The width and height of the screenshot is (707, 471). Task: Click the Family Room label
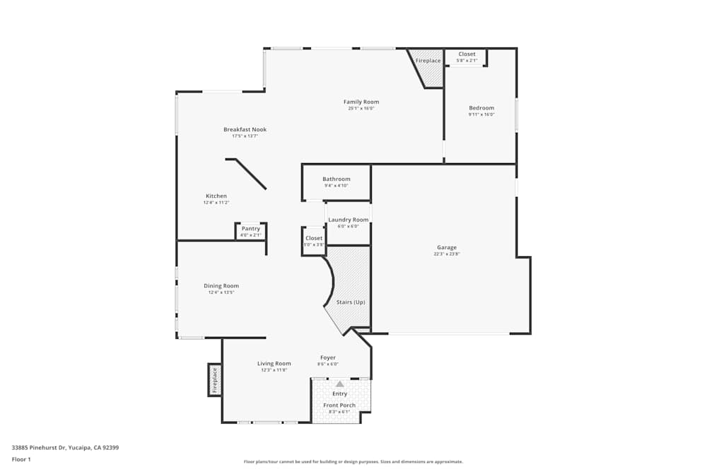click(x=361, y=102)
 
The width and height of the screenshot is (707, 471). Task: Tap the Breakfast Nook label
click(x=245, y=130)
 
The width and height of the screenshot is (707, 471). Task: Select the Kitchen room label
click(x=216, y=196)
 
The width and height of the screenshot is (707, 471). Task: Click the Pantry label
click(x=250, y=229)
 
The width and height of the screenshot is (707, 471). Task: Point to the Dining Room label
click(x=221, y=286)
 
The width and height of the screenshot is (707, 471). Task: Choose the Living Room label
click(x=274, y=364)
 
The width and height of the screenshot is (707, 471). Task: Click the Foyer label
click(x=327, y=358)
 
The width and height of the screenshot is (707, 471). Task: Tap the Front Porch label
click(x=339, y=405)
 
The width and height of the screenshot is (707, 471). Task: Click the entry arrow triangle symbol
click(x=339, y=383)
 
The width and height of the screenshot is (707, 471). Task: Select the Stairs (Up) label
click(x=351, y=302)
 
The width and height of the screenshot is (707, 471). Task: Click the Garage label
click(x=446, y=248)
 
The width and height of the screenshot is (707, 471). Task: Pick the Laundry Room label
click(x=348, y=220)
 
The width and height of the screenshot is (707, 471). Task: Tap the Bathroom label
click(x=336, y=179)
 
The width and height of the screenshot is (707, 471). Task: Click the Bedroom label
click(x=481, y=108)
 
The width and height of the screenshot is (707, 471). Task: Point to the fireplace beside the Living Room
click(x=215, y=380)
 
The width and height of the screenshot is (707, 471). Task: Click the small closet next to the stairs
click(x=314, y=239)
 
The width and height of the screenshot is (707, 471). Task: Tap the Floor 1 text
click(x=21, y=459)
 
